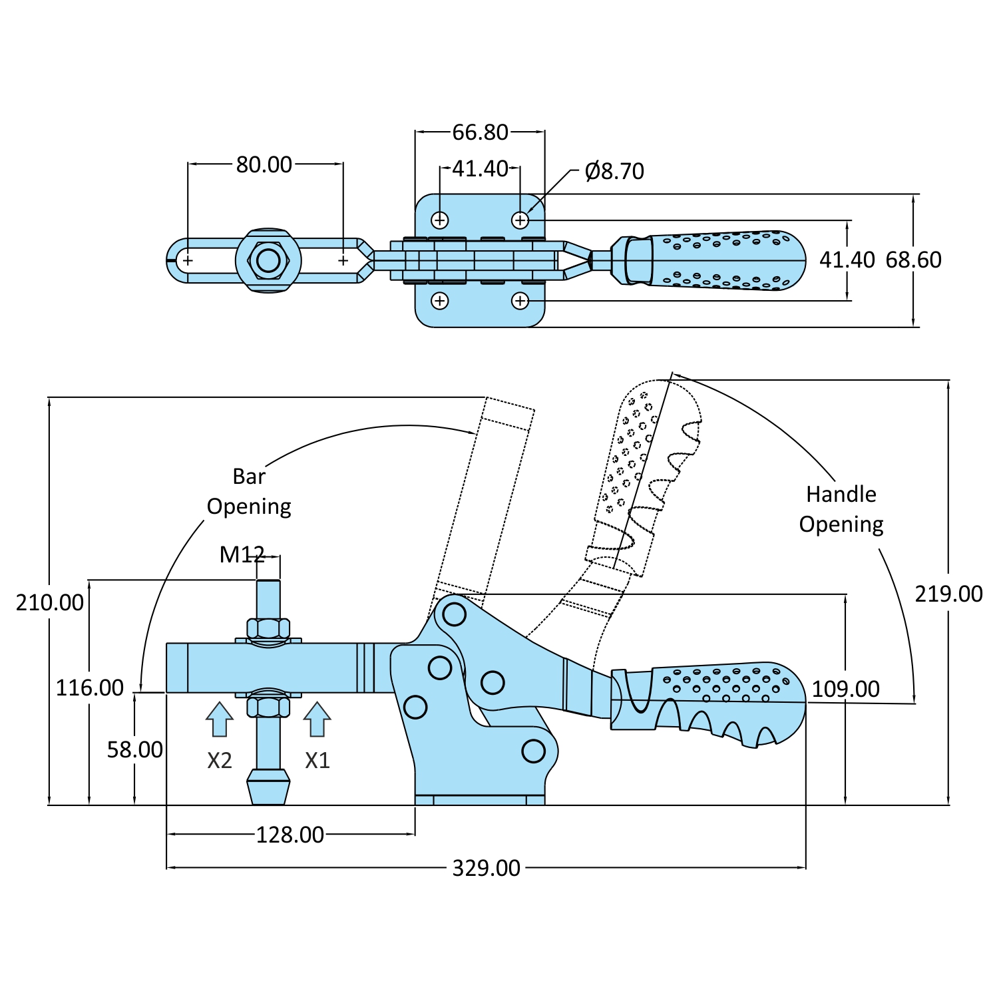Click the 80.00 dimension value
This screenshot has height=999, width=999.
coord(264,164)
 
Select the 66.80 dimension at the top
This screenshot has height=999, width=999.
coord(480,132)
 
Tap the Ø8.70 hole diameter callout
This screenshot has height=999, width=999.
coord(614,172)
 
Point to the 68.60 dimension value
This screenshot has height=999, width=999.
coord(913,260)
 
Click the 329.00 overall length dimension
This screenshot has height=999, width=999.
coord(486,868)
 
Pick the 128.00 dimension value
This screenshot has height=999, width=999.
coord(290,835)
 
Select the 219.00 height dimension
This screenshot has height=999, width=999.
coord(948,594)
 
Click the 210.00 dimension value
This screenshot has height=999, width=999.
coord(50,602)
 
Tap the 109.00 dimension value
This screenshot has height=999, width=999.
coord(845,689)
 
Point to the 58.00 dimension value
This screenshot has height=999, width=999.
coord(135,750)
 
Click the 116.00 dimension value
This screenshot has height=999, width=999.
coord(90,688)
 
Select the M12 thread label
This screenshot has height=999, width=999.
coord(242,554)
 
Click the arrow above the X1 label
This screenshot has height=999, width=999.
coord(317,719)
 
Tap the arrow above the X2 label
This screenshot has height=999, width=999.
coord(219,719)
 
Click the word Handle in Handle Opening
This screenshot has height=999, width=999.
coord(841,495)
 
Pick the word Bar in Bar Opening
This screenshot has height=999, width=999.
coord(249,477)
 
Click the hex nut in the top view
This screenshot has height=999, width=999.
coord(268,260)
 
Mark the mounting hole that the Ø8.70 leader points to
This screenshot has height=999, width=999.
coord(520,220)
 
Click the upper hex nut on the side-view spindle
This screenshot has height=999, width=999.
coord(268,628)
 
